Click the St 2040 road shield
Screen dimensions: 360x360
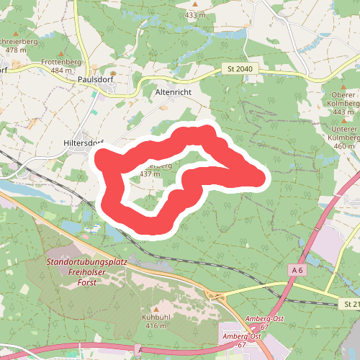[x=240, y=69]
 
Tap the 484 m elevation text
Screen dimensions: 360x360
[x=62, y=71]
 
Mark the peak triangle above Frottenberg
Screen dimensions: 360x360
[x=60, y=53]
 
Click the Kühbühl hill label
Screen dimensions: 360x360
[x=155, y=317]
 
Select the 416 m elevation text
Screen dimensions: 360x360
[x=156, y=325]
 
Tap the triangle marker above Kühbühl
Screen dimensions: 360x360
[x=155, y=308]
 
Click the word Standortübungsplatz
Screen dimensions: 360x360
[x=86, y=261]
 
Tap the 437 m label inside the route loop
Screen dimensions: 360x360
[x=149, y=174]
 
